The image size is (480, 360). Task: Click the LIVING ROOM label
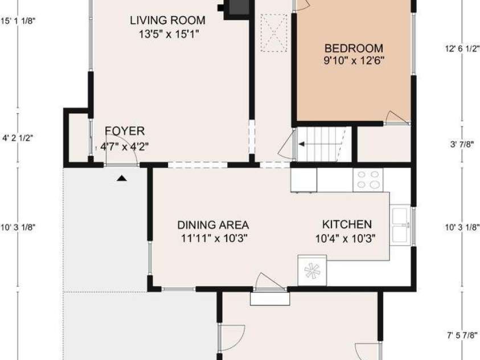pos(167,21)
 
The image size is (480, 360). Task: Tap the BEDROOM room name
pos(354,48)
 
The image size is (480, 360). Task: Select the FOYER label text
pos(125,131)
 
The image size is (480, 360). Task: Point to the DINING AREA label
pos(213,225)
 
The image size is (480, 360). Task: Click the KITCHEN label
pos(347,224)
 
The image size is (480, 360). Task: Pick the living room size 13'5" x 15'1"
pos(169,34)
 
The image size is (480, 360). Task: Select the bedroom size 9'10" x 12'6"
pos(354,60)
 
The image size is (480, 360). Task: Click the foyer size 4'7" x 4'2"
pos(125,146)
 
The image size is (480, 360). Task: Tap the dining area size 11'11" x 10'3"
pos(214,238)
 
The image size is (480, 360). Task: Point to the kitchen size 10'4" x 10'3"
pos(345,238)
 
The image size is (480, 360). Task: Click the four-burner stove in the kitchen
pos(368,179)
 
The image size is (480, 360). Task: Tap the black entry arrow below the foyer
pos(121,178)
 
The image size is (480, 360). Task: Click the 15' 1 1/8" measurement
pos(18,21)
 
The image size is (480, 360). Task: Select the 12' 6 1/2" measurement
pos(462,48)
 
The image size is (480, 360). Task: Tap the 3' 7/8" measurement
pos(462,144)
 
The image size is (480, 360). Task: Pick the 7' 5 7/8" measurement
pos(462,336)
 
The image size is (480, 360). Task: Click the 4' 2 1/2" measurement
pos(18,138)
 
